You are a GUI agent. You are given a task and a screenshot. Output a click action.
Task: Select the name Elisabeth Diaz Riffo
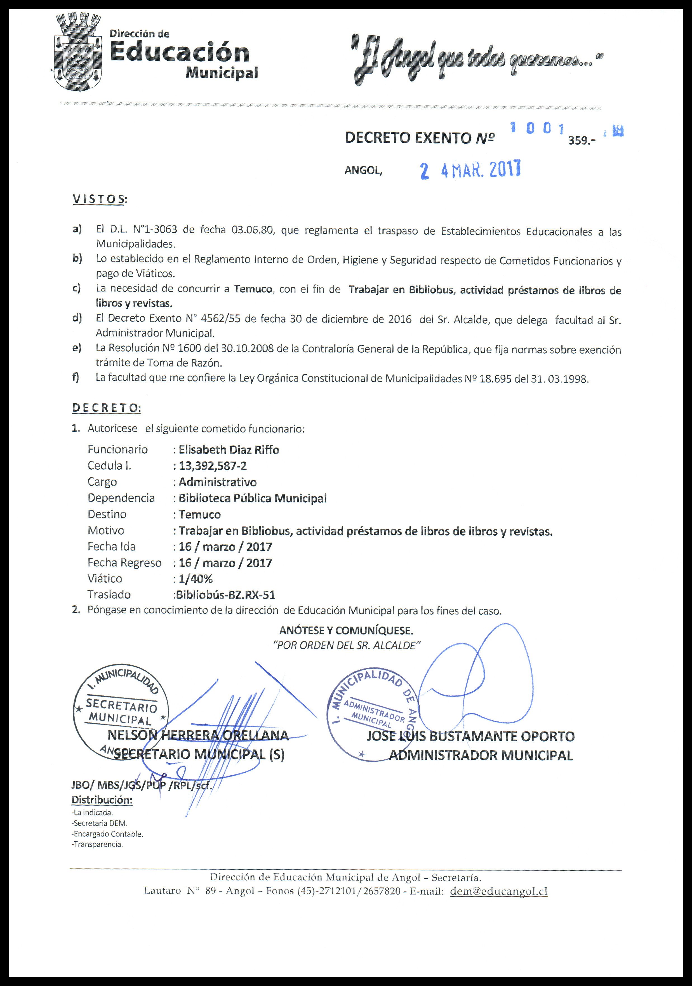click(x=229, y=450)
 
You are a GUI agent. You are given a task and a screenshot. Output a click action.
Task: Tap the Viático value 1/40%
click(x=196, y=579)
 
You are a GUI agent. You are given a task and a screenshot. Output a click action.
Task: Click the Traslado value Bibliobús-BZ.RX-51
click(x=225, y=595)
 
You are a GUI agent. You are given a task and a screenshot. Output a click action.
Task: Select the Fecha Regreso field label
click(x=124, y=563)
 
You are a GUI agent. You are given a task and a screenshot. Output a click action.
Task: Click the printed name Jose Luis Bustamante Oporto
click(x=470, y=736)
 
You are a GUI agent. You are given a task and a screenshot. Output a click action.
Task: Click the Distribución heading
click(x=102, y=800)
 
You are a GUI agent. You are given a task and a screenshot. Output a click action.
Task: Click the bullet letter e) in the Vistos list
click(x=77, y=347)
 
